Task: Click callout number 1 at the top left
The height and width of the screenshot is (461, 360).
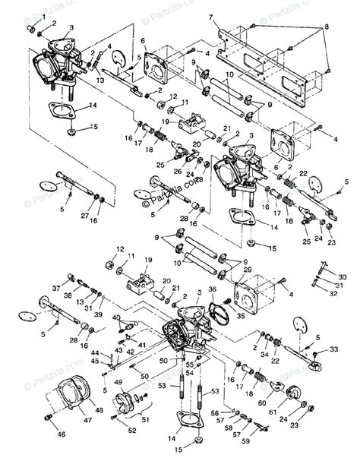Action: coord(30,16)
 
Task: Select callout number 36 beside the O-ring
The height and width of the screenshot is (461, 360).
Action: coord(213,289)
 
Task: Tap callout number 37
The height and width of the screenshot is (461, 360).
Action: coord(56,288)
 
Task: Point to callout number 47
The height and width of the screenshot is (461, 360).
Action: coord(89,418)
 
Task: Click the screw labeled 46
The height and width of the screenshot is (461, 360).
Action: coord(48,418)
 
